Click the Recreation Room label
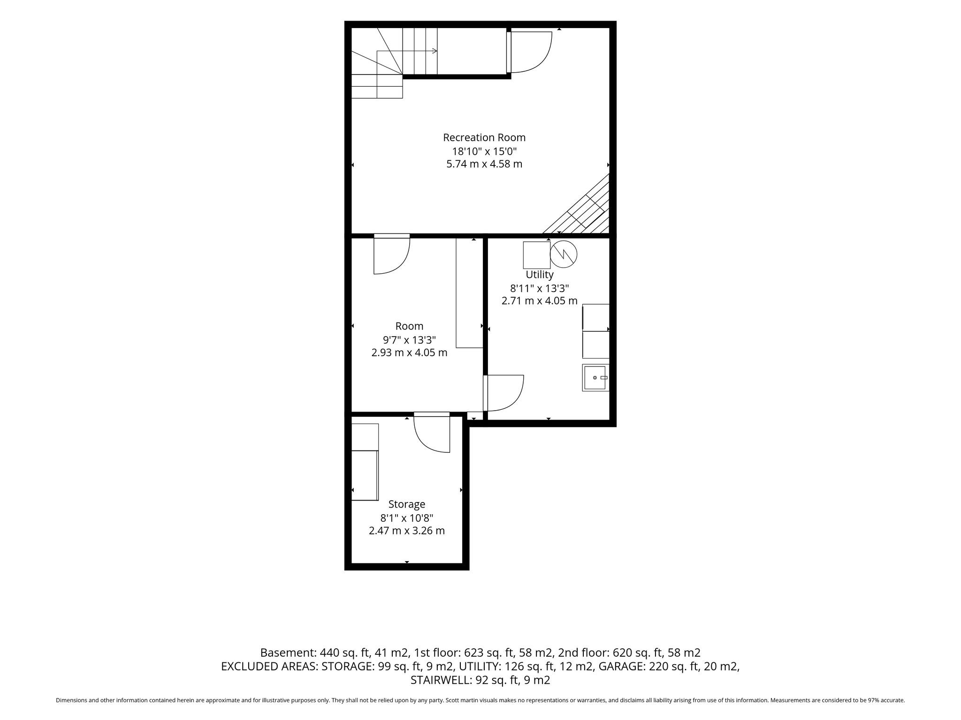click(484, 138)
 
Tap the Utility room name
click(540, 275)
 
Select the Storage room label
click(407, 505)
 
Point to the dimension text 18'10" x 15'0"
click(484, 151)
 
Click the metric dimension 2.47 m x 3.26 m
click(407, 531)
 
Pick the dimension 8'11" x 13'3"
click(540, 288)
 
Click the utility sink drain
click(595, 378)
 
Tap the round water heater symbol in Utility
click(564, 255)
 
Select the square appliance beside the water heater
click(537, 255)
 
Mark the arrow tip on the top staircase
click(437, 51)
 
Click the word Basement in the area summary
click(287, 652)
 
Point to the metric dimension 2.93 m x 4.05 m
click(409, 352)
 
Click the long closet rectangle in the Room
click(469, 293)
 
